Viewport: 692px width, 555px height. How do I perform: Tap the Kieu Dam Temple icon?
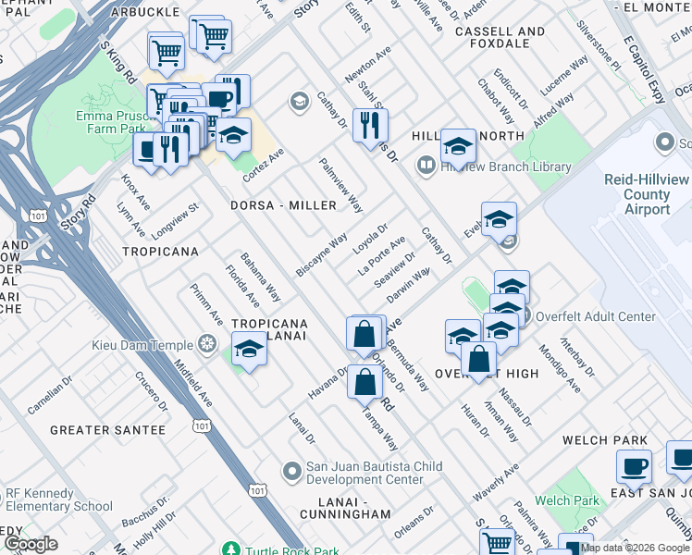pyautogui.click(x=207, y=345)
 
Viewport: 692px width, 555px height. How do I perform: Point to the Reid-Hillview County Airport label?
pyautogui.click(x=648, y=194)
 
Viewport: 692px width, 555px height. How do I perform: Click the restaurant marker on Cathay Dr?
pyautogui.click(x=370, y=127)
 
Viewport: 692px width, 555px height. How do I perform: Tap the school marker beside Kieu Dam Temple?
pyautogui.click(x=248, y=351)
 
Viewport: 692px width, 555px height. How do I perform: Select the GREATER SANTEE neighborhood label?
pyautogui.click(x=107, y=430)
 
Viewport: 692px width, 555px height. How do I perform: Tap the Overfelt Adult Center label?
pyautogui.click(x=595, y=316)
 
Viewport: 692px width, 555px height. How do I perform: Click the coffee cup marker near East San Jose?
pyautogui.click(x=634, y=467)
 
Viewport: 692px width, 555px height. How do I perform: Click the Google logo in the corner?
pyautogui.click(x=31, y=544)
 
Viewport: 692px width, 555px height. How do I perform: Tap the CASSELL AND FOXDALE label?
pyautogui.click(x=500, y=37)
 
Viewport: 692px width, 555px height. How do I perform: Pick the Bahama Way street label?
pyautogui.click(x=260, y=277)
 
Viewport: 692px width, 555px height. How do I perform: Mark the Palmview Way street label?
pyautogui.click(x=340, y=185)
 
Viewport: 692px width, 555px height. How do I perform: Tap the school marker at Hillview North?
pyautogui.click(x=458, y=146)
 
